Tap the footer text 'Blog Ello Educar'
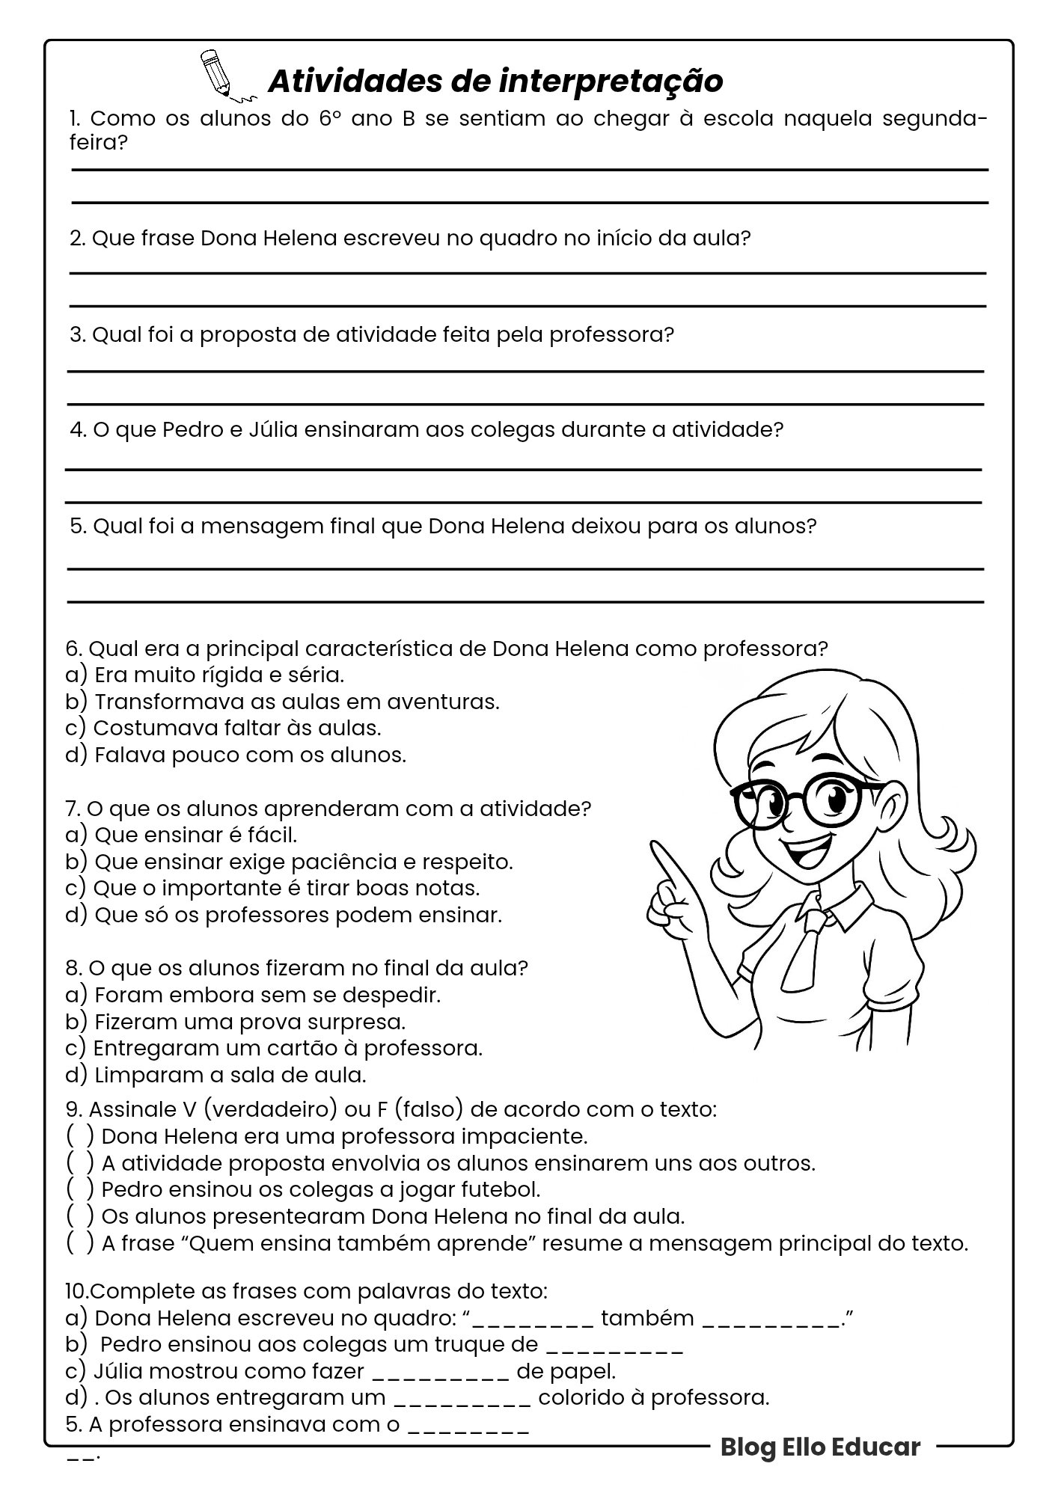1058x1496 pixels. (x=820, y=1447)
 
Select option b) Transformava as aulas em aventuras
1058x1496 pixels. (x=282, y=702)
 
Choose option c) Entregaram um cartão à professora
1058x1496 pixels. (x=274, y=1048)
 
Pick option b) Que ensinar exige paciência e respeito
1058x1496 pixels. (x=289, y=862)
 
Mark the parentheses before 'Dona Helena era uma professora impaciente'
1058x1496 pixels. (x=80, y=1136)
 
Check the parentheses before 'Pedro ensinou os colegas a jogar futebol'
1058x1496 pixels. (x=80, y=1189)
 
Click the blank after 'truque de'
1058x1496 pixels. (x=615, y=1346)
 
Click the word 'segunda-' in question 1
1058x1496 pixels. (x=935, y=119)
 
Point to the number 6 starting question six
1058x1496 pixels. (x=73, y=648)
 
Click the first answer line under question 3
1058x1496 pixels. (x=525, y=371)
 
